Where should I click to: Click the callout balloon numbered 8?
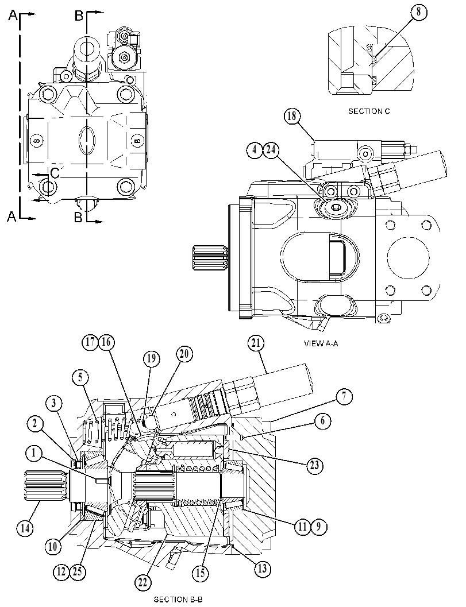point(419,11)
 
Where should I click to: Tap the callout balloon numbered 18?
point(292,117)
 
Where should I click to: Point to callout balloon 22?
point(143,582)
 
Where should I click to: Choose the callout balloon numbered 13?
point(263,569)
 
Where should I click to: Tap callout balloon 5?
point(80,377)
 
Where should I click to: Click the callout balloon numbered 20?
point(184,354)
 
